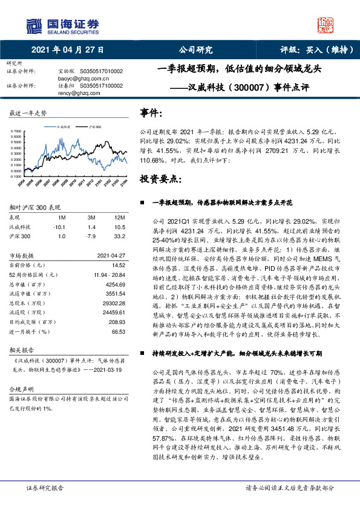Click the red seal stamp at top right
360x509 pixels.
(x=326, y=25)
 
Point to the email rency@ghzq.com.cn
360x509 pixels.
(x=80, y=93)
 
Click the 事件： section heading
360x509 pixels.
(x=151, y=113)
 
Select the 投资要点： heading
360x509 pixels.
(x=160, y=180)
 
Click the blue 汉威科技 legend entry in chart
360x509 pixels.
(x=62, y=128)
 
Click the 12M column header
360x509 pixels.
(x=119, y=216)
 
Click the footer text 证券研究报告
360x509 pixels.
(x=45, y=487)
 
